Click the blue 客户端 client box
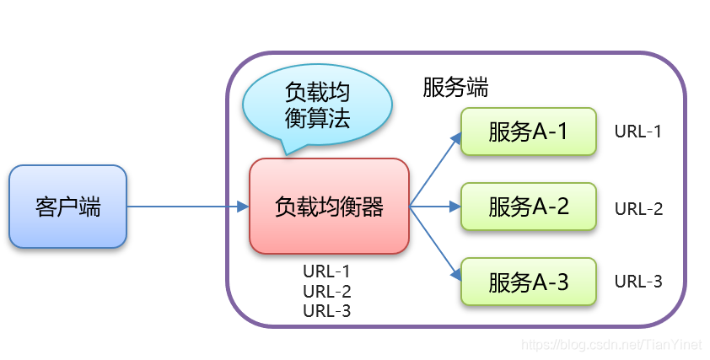67,207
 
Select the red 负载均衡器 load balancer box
329,206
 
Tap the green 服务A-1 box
528,132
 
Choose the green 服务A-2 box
528,207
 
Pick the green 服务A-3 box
528,282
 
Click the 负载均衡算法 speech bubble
316,105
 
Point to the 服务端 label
455,88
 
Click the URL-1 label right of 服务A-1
638,132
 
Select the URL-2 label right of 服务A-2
638,208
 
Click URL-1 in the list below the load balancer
326,271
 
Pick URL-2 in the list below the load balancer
326,291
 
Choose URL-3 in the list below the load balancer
326,310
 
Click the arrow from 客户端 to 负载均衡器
186,207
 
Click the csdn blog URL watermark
611,345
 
